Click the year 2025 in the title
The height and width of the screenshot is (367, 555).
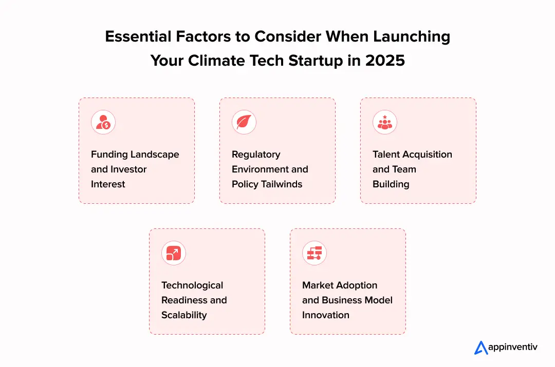point(385,61)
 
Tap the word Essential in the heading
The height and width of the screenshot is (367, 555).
point(138,36)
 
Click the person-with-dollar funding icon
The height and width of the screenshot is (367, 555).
point(103,122)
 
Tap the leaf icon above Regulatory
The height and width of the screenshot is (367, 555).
point(244,122)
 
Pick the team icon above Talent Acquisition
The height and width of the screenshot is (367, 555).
point(385,122)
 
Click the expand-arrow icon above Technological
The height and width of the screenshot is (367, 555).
point(174,253)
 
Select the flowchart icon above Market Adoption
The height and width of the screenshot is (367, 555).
point(314,253)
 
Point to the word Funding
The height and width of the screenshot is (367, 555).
point(109,154)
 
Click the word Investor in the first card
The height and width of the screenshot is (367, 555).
point(128,169)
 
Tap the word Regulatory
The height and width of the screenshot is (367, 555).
point(256,155)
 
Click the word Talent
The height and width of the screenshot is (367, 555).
point(384,154)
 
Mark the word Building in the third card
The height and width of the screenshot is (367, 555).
point(391,185)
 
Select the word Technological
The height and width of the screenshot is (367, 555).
point(192,286)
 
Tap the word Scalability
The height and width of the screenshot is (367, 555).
point(184,315)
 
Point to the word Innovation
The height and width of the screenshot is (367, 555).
point(326,315)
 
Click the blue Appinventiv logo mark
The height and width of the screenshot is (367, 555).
point(480,347)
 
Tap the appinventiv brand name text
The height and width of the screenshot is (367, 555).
point(512,347)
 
